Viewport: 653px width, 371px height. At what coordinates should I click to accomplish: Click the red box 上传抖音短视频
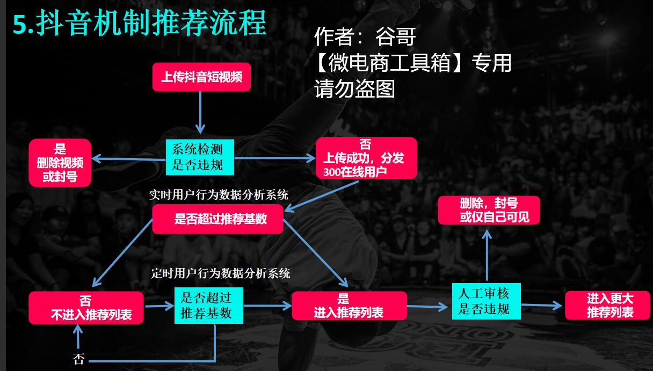pyautogui.click(x=202, y=77)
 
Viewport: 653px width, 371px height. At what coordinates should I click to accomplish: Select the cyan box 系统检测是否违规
pyautogui.click(x=200, y=157)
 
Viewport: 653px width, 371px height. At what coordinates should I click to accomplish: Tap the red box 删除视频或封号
pyautogui.click(x=60, y=163)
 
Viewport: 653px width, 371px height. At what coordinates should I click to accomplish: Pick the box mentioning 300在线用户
pyautogui.click(x=366, y=158)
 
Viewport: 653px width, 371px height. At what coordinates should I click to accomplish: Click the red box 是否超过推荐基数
pyautogui.click(x=217, y=219)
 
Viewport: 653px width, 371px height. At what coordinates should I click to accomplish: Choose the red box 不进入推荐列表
pyautogui.click(x=86, y=308)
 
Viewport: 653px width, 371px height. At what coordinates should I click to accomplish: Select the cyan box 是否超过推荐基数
pyautogui.click(x=209, y=305)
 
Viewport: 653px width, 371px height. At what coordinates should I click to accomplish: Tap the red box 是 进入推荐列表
pyautogui.click(x=349, y=306)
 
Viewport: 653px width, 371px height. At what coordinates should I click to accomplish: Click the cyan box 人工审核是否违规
pyautogui.click(x=486, y=301)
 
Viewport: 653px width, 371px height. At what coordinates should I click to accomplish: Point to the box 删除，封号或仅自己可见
pyautogui.click(x=489, y=210)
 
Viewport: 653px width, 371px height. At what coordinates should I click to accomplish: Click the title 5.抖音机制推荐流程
pyautogui.click(x=140, y=24)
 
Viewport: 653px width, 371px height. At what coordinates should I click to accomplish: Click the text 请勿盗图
pyautogui.click(x=354, y=88)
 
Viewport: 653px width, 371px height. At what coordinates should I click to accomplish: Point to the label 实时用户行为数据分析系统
pyautogui.click(x=219, y=195)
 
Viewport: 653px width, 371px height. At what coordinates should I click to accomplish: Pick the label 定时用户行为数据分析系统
pyautogui.click(x=221, y=273)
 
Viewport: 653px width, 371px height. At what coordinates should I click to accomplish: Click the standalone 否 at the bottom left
pyautogui.click(x=79, y=359)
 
